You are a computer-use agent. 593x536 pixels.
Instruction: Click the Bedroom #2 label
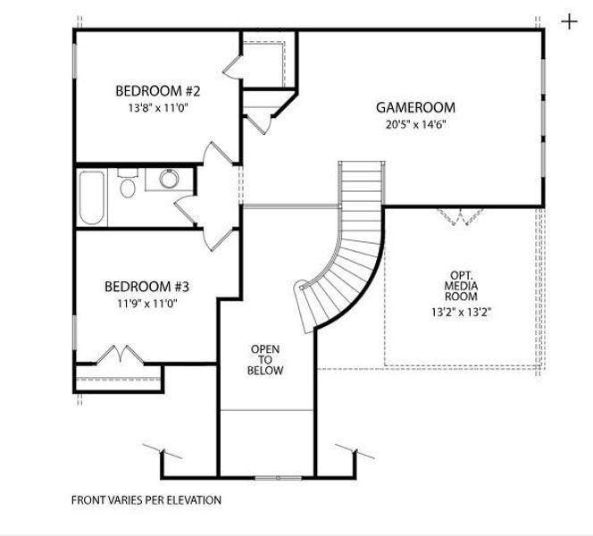157,90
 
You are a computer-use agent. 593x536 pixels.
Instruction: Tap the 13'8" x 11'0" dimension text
157,107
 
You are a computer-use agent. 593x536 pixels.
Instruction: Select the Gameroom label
408,108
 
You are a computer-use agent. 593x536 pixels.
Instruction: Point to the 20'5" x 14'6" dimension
408,125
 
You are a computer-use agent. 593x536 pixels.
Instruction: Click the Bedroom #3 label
146,287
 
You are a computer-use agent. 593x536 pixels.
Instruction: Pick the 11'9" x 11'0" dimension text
146,304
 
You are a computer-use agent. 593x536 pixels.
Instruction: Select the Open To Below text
266,359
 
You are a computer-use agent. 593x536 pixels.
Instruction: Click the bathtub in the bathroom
91,197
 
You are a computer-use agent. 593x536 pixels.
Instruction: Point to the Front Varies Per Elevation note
146,500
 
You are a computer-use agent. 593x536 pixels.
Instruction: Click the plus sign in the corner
569,21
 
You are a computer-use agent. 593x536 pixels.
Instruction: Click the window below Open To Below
267,476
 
